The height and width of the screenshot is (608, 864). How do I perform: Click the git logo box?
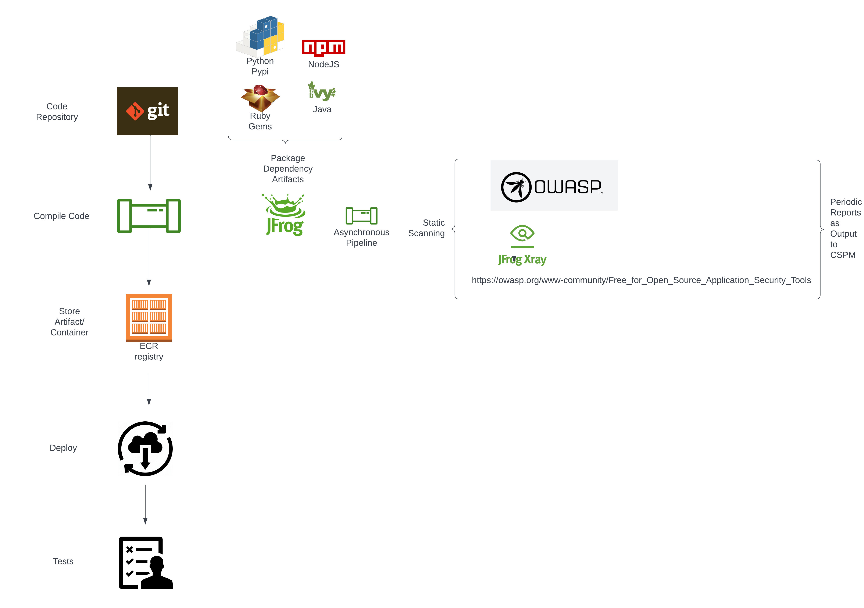point(147,111)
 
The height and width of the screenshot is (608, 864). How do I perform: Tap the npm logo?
point(323,48)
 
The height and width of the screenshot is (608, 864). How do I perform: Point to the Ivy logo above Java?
point(322,92)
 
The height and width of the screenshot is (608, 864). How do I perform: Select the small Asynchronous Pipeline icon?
point(361,216)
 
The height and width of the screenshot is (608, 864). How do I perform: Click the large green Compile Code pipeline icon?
point(149,216)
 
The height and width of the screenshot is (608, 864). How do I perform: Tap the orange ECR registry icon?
point(149,317)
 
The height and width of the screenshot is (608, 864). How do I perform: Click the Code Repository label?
point(57,112)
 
